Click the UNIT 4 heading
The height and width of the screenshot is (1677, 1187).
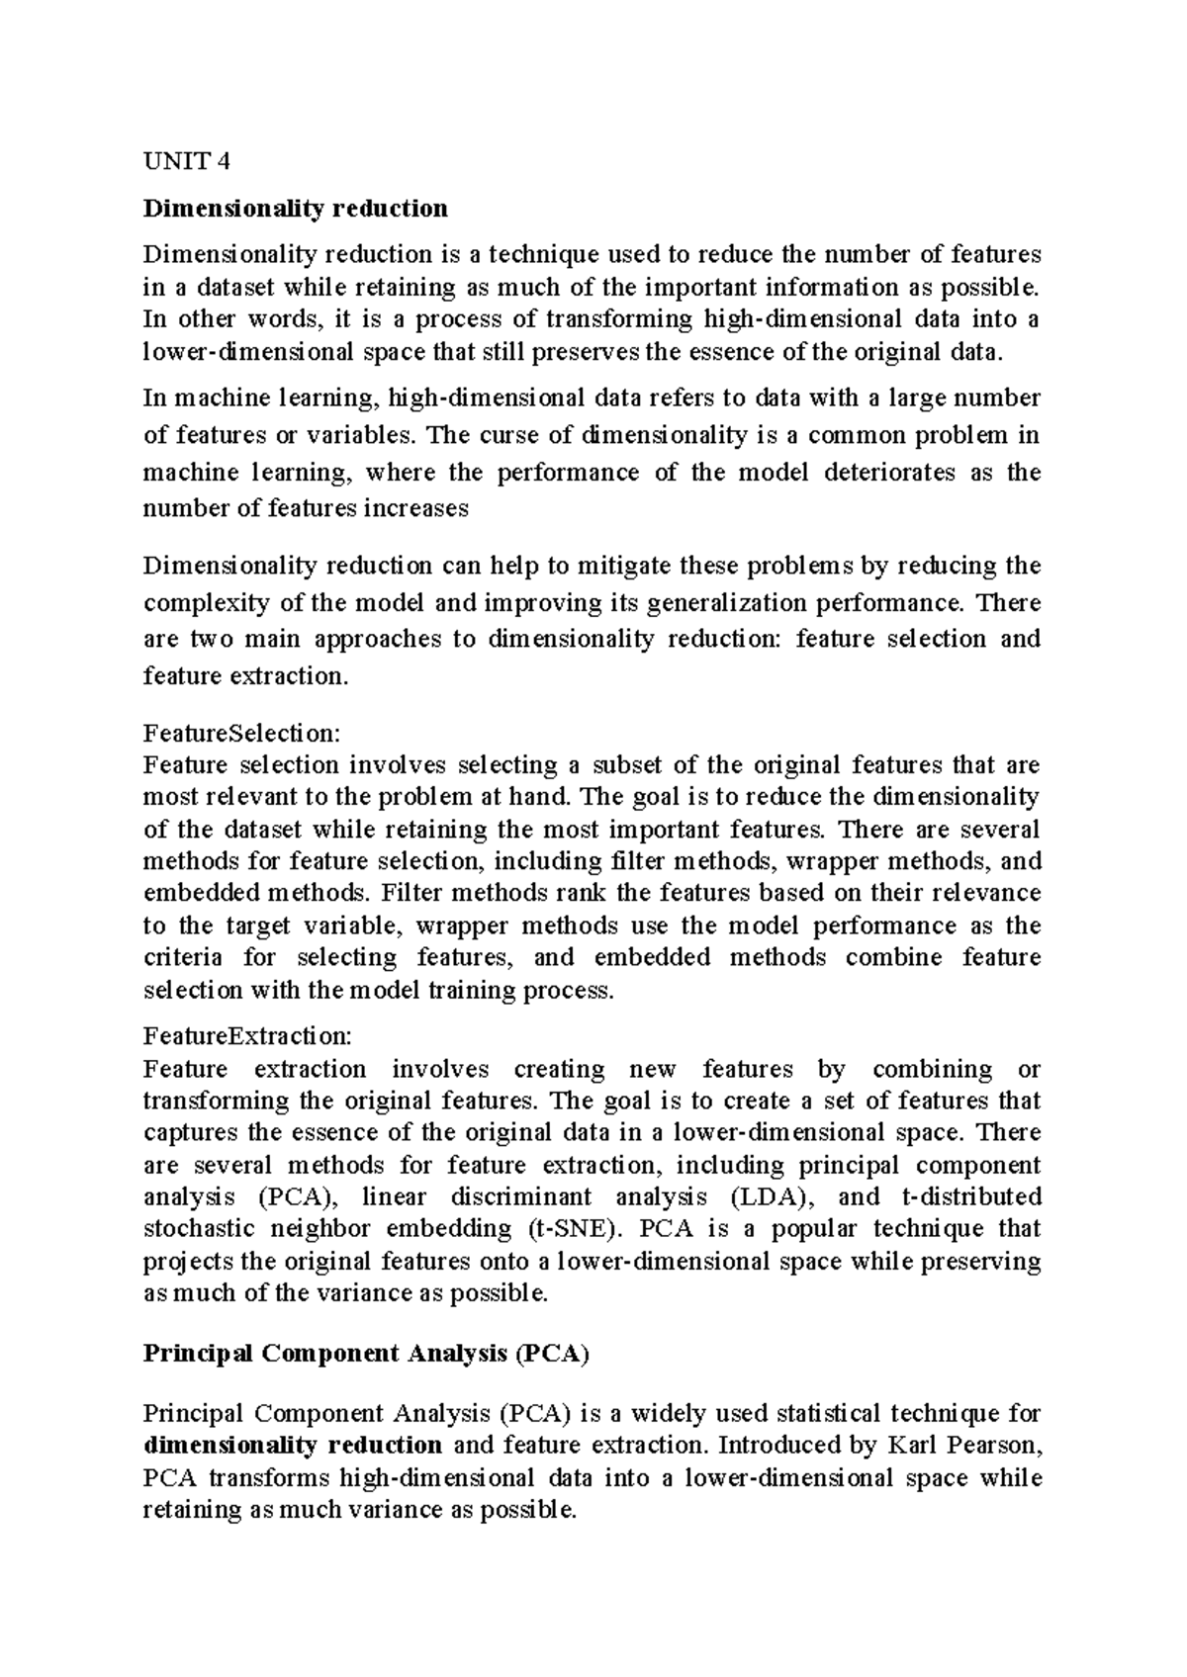[x=186, y=160]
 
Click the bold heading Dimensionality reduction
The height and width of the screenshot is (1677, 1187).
[x=295, y=209]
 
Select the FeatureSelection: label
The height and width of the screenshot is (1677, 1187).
[x=241, y=733]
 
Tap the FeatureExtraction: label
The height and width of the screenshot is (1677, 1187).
[x=246, y=1036]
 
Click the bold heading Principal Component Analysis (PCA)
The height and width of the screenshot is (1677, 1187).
[x=366, y=1354]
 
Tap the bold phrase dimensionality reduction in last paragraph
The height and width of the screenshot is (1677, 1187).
[x=293, y=1445]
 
